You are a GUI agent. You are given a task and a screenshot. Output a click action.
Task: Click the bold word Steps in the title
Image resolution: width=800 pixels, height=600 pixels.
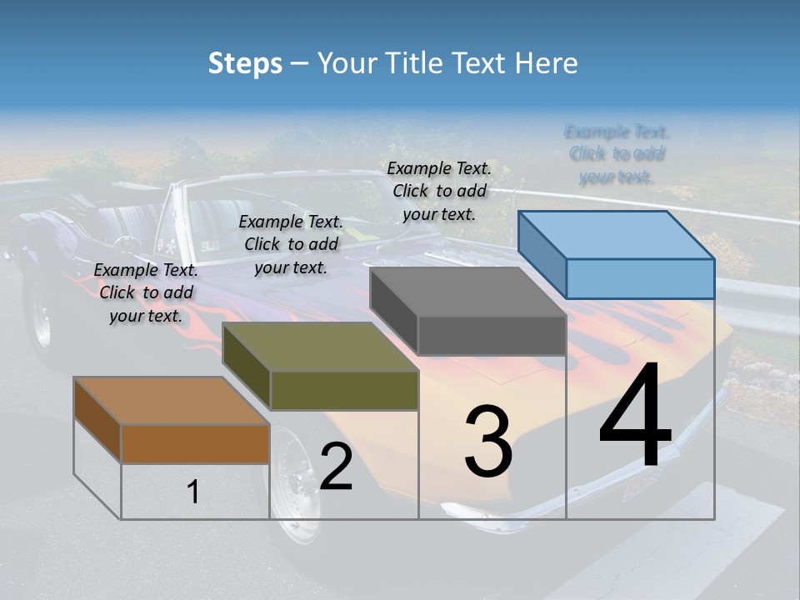[245, 63]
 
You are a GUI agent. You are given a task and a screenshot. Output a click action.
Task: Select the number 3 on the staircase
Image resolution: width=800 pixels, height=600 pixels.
[488, 441]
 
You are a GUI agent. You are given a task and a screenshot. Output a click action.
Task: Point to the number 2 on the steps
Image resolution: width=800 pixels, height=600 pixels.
[336, 467]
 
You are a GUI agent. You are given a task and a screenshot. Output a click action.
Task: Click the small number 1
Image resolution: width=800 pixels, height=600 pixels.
[193, 492]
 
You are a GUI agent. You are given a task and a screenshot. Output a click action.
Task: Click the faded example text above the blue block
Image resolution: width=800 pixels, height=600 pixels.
[617, 154]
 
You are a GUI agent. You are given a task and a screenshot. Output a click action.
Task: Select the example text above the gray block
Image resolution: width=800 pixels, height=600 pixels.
[439, 191]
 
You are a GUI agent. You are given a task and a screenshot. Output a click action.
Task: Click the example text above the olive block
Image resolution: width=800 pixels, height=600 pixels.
[291, 244]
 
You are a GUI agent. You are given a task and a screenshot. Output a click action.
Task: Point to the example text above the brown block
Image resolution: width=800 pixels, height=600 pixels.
[146, 292]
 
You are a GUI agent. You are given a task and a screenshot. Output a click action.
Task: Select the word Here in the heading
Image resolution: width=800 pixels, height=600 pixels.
[547, 63]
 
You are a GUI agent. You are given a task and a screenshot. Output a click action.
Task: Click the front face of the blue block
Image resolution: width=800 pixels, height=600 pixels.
[640, 278]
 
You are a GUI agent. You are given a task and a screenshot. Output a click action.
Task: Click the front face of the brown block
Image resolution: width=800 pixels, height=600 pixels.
[195, 443]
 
